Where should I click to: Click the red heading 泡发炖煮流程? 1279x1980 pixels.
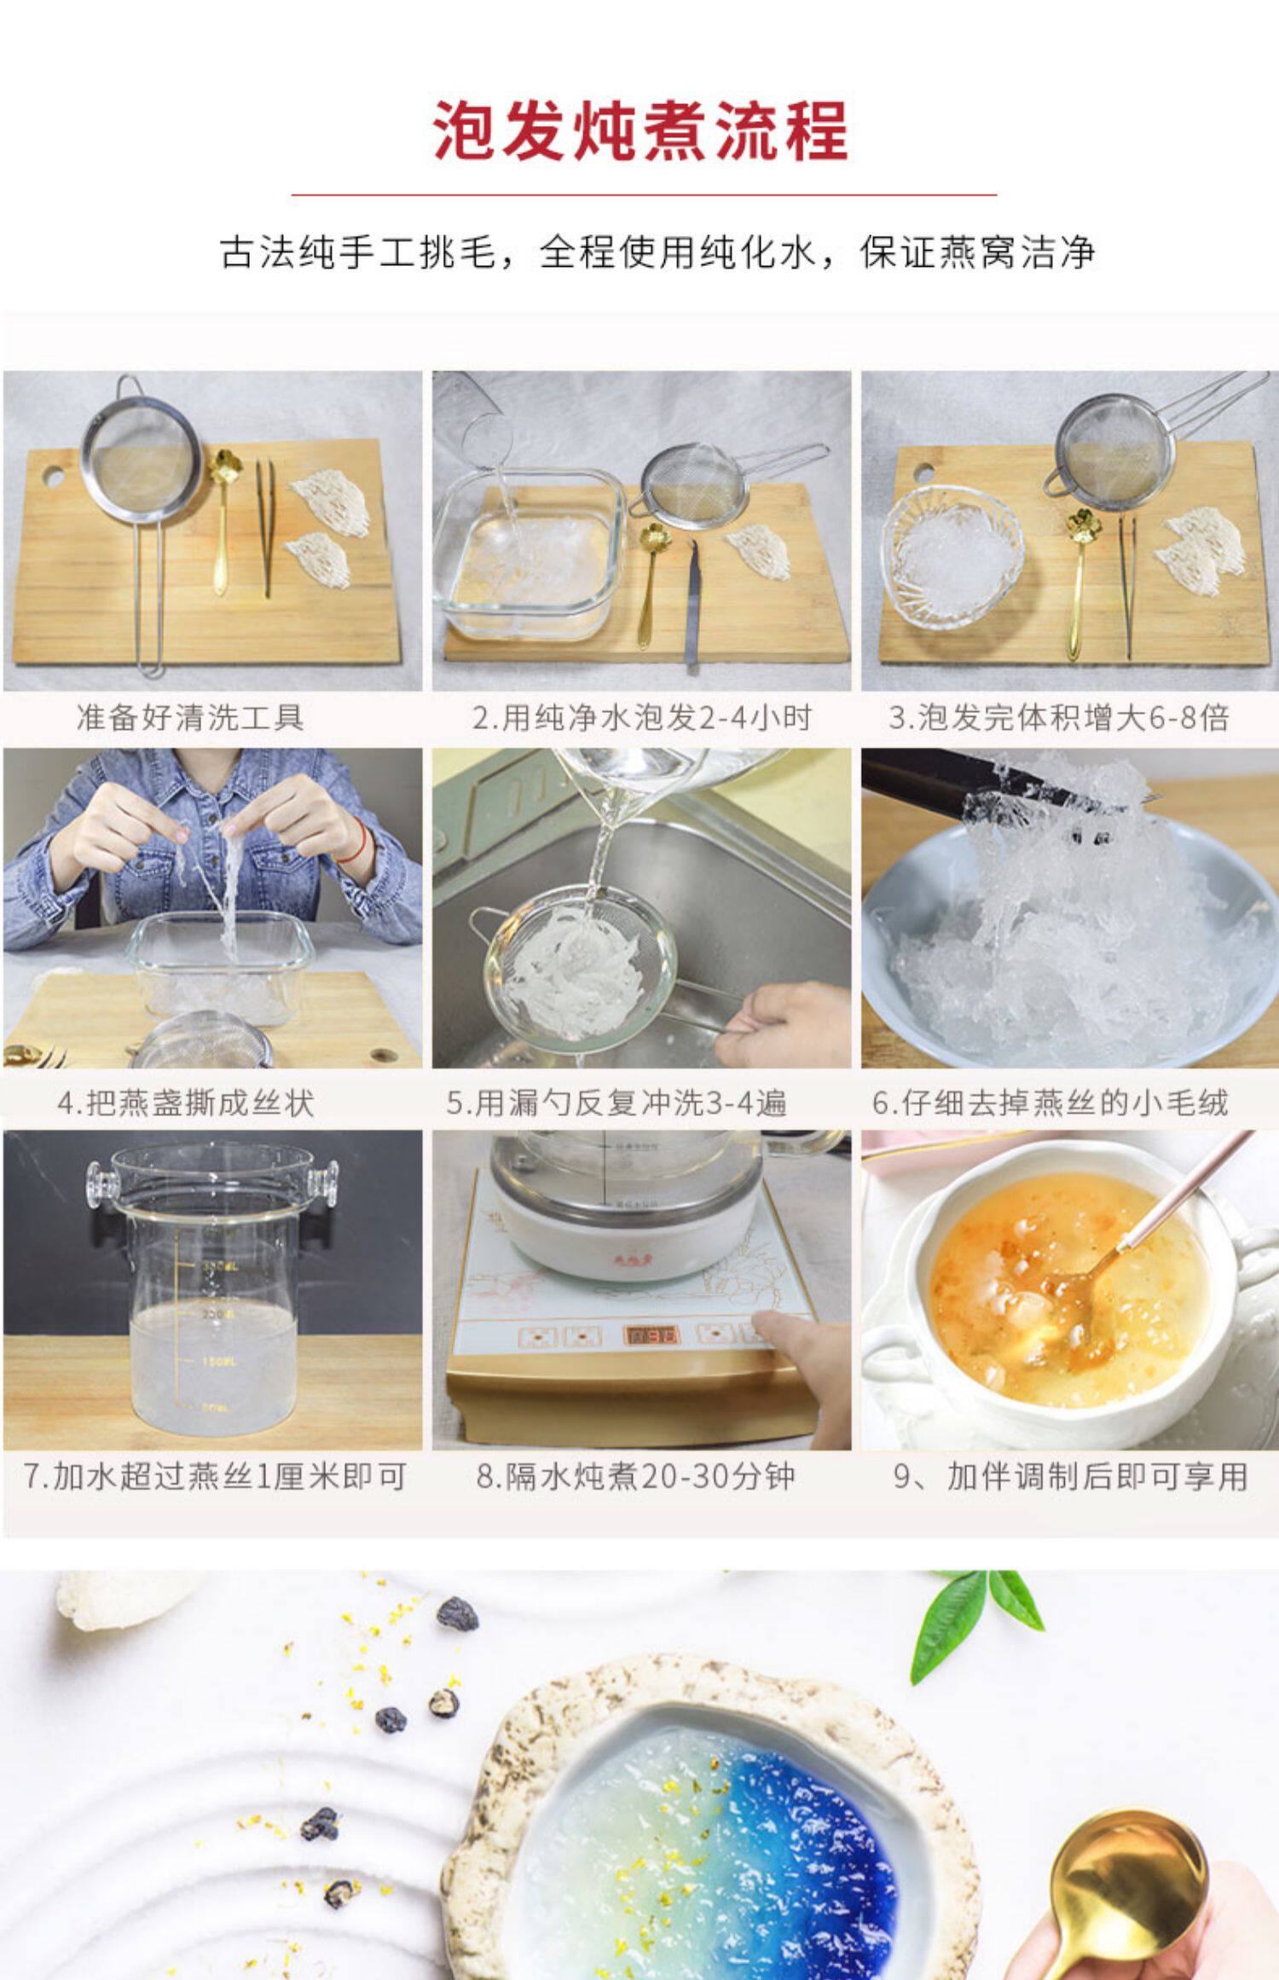(639, 130)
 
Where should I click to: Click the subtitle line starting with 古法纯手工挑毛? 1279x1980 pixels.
(657, 252)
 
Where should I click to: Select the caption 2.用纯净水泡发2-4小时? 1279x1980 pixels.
(642, 717)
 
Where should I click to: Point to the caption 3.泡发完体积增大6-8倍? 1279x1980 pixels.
(1059, 717)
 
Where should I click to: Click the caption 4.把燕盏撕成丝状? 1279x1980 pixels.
(186, 1103)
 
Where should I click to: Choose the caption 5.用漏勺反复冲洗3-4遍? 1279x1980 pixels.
(616, 1103)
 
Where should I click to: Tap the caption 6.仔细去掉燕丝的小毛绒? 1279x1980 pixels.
(1050, 1103)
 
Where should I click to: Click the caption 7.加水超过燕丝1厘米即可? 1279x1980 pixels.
(214, 1476)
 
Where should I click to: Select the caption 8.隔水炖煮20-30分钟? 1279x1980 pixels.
(635, 1476)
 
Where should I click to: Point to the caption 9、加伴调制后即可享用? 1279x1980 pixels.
(1071, 1476)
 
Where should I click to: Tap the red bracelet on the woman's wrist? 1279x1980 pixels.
(359, 840)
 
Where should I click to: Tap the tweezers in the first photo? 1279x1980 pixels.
(265, 528)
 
